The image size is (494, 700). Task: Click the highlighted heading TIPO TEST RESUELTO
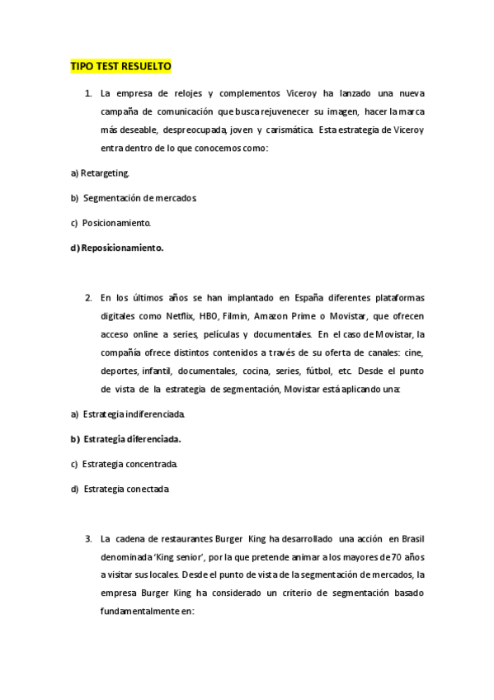[120, 66]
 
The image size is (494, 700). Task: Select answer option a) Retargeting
[100, 173]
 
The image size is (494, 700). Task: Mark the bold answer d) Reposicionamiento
[116, 248]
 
